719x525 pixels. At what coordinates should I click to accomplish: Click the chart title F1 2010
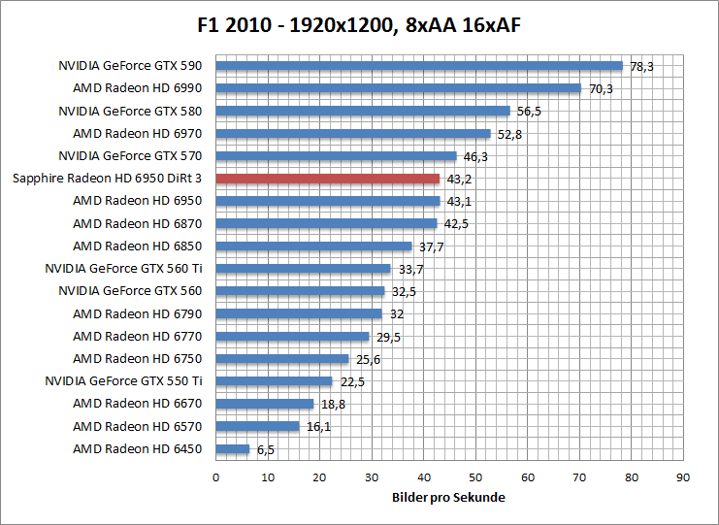pyautogui.click(x=359, y=24)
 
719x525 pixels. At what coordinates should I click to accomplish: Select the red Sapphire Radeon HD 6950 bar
pyautogui.click(x=327, y=179)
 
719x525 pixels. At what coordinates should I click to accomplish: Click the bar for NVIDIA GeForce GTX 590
pyautogui.click(x=418, y=66)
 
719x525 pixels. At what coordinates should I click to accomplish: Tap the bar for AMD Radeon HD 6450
pyautogui.click(x=233, y=449)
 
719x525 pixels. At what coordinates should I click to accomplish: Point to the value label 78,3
pyautogui.click(x=642, y=66)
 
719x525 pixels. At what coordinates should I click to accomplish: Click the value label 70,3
pyautogui.click(x=601, y=88)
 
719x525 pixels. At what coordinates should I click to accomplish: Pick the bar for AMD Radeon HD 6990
pyautogui.click(x=398, y=88)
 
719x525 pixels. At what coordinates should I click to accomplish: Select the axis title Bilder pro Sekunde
pyautogui.click(x=449, y=497)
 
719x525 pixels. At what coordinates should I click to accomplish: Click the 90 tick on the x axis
pyautogui.click(x=683, y=476)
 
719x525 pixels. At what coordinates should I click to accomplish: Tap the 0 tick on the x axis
pyautogui.click(x=215, y=476)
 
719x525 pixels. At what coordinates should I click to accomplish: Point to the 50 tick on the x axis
pyautogui.click(x=475, y=476)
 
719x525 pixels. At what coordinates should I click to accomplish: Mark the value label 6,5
pyautogui.click(x=265, y=449)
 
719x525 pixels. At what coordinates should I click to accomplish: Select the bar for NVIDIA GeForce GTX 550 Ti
pyautogui.click(x=274, y=381)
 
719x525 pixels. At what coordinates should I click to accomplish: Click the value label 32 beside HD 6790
pyautogui.click(x=395, y=313)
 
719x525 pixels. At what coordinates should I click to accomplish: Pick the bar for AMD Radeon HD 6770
pyautogui.click(x=292, y=337)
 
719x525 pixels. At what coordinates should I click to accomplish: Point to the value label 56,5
pyautogui.click(x=529, y=111)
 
